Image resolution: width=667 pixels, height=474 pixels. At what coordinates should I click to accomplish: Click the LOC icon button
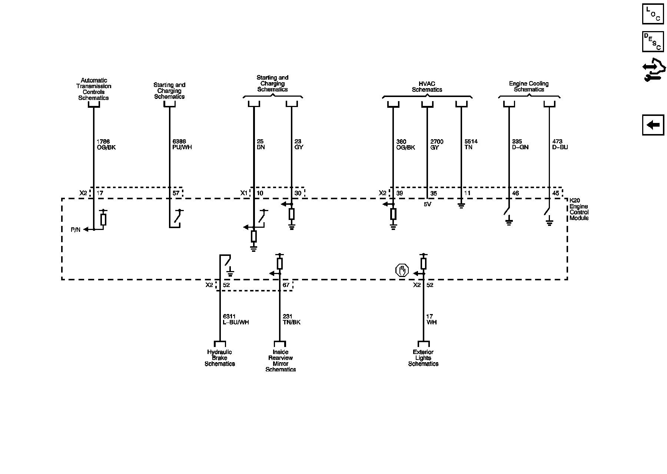(653, 14)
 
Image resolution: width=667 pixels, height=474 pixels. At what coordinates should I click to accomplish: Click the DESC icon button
(653, 41)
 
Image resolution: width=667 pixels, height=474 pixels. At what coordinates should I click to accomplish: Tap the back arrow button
(653, 125)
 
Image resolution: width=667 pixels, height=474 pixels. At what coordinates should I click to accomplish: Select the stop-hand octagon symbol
(402, 271)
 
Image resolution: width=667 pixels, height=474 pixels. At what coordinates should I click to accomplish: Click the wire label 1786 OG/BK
(106, 144)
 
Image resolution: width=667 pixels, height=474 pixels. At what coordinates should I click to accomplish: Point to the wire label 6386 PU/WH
(182, 144)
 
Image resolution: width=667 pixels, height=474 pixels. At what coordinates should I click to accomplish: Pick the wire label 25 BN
(261, 144)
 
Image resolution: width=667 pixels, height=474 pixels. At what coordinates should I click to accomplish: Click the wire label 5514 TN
(471, 144)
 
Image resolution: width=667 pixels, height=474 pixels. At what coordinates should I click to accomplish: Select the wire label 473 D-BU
(560, 144)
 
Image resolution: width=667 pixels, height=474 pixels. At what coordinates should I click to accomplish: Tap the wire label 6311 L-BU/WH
(235, 319)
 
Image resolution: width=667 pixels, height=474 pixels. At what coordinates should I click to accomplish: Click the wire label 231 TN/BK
(291, 319)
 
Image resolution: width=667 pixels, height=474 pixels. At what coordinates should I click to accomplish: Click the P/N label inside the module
(76, 230)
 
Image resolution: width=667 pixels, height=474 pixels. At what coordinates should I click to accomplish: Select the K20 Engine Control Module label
(579, 210)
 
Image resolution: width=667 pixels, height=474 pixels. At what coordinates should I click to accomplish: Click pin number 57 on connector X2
(176, 193)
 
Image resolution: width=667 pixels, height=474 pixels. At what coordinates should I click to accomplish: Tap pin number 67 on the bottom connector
(286, 285)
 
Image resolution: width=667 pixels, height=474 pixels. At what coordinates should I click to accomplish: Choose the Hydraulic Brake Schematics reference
(220, 358)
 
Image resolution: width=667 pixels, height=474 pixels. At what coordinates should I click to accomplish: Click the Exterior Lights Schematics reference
(423, 358)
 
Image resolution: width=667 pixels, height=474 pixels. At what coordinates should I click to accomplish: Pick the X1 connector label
(243, 193)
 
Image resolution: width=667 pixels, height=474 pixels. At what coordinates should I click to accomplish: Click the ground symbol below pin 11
(461, 205)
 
